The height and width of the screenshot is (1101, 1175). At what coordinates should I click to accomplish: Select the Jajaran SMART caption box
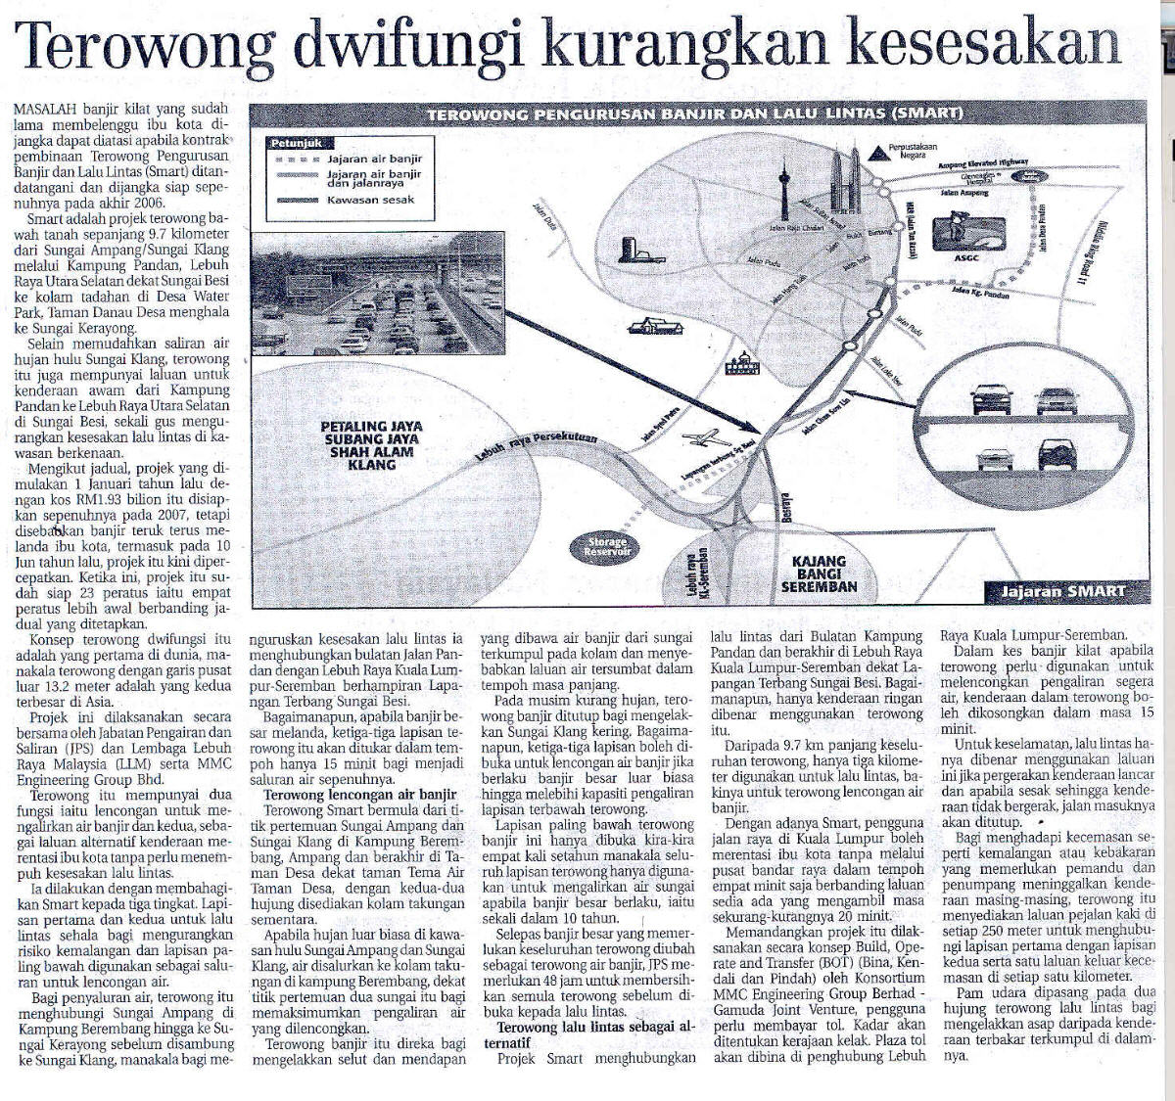coord(1061,591)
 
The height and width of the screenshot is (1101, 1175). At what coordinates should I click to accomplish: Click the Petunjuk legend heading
coord(297,143)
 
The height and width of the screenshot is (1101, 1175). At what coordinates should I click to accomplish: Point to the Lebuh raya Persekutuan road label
coord(536,449)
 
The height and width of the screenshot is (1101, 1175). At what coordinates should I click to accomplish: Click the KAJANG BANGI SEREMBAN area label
coord(819,574)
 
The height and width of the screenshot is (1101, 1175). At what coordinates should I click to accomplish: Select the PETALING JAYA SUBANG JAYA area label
coord(369,445)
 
